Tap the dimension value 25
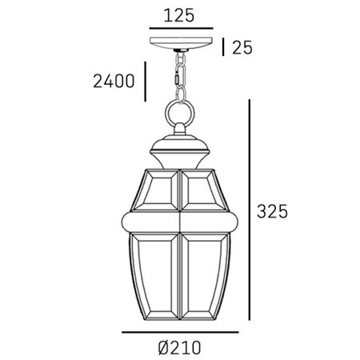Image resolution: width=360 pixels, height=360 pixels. coord(242,47)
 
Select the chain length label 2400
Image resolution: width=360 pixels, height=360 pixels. coord(113,81)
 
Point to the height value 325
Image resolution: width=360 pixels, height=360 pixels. coord(272,212)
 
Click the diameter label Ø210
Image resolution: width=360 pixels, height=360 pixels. coord(180,348)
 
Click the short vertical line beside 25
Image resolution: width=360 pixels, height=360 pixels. coord(224,47)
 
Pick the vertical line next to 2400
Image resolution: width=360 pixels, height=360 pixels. coord(144,81)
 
